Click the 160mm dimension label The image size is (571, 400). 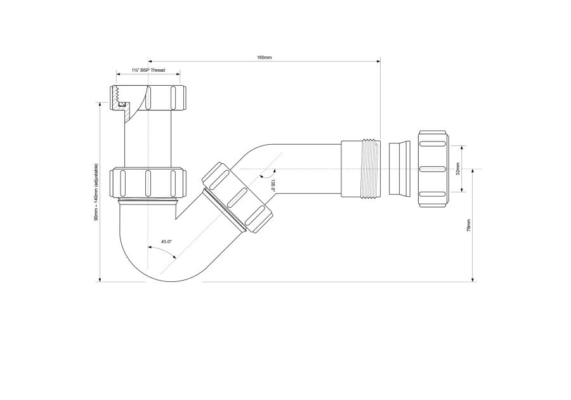coord(264,57)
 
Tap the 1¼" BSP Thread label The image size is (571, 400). coord(148,70)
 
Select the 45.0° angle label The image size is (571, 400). coord(167,242)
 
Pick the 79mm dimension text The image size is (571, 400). coord(469,226)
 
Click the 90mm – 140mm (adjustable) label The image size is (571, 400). coord(96,192)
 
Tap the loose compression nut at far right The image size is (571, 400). coord(433,169)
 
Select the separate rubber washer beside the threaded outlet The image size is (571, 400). coord(398,168)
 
